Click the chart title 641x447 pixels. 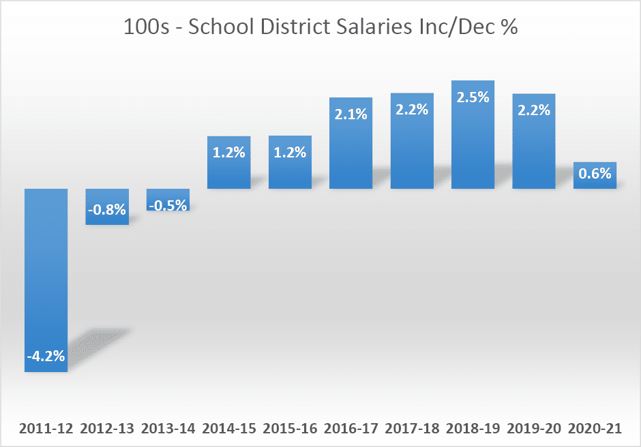320,28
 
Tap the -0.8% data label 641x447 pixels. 106,210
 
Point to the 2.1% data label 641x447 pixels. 351,114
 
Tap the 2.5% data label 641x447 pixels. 473,97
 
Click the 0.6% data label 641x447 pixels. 595,174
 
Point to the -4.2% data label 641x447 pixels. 46,356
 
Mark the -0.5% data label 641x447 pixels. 168,204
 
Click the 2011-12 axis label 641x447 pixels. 46,429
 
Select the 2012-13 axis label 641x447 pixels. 106,429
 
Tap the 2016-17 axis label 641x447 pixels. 351,429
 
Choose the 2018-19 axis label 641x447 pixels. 473,429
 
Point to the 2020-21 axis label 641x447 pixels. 595,429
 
